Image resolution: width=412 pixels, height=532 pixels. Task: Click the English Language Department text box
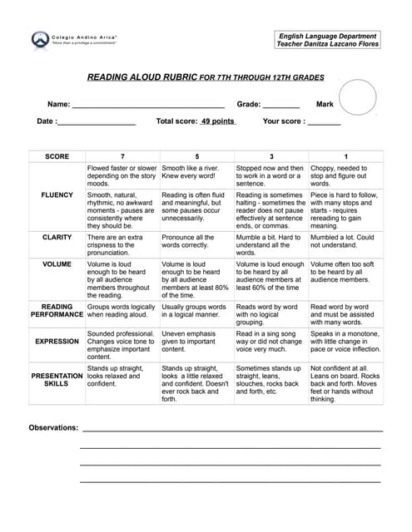point(329,40)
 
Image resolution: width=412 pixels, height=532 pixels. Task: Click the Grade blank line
point(280,106)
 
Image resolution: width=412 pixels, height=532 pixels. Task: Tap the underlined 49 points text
point(217,121)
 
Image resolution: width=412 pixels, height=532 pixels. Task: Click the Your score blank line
point(325,123)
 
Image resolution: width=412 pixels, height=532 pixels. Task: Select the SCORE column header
point(57,156)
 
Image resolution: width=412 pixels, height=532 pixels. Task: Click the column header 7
point(122,156)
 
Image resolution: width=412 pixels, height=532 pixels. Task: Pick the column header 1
point(345,156)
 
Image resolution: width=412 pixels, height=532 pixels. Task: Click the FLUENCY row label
point(57,195)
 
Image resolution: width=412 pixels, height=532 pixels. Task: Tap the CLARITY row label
point(57,237)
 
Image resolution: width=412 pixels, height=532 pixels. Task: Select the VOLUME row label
point(57,264)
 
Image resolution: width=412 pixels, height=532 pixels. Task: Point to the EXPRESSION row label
point(57,342)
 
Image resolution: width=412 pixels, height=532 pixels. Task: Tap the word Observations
point(53,428)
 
